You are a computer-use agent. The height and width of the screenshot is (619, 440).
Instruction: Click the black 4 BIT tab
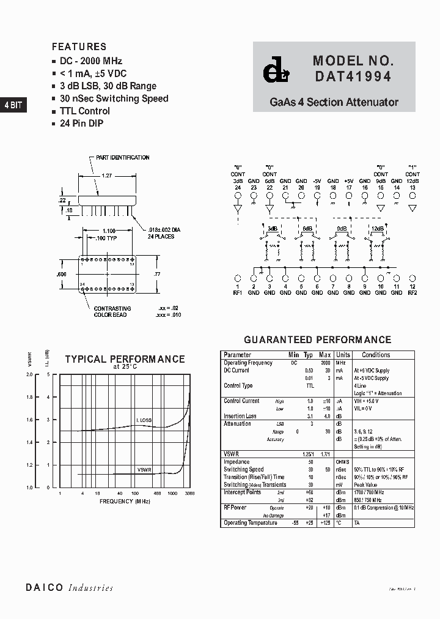tap(13, 105)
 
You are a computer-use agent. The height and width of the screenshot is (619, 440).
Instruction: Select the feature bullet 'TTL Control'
tap(84, 111)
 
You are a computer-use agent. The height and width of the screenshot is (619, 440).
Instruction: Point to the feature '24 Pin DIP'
tap(81, 124)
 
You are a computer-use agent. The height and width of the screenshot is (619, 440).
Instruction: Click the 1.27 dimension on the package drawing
tap(106, 176)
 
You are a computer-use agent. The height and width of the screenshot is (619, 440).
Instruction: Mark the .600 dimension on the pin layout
tap(62, 275)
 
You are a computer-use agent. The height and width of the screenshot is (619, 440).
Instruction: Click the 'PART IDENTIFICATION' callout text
tap(122, 158)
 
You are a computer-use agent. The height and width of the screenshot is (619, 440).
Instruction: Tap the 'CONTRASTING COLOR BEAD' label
tap(112, 312)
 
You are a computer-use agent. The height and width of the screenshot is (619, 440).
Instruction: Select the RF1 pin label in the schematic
tap(238, 293)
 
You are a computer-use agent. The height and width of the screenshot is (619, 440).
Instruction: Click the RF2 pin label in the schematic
tap(413, 293)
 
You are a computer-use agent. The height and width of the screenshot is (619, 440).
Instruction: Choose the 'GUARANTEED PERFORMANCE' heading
tap(317, 340)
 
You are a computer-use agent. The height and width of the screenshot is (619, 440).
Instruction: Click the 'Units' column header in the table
tap(343, 355)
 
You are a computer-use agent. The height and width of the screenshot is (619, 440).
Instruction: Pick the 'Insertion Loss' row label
tap(240, 417)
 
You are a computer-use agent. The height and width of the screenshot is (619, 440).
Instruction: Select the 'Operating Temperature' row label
tap(251, 523)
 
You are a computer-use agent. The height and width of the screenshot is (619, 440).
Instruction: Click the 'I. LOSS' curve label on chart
tap(144, 420)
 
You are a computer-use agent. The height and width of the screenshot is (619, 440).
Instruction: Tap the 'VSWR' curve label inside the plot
tap(144, 470)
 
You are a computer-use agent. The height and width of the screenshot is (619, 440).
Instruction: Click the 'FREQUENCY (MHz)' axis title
tap(125, 502)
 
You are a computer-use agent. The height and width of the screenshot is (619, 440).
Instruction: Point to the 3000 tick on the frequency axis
tap(190, 493)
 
